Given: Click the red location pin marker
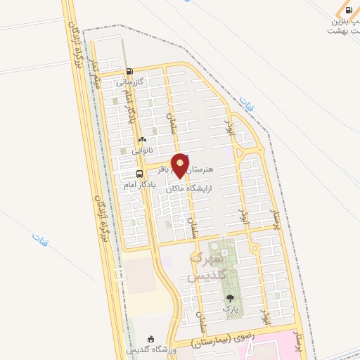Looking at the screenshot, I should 181,165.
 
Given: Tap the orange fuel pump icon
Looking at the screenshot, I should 349,11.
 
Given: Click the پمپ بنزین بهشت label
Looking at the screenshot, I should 344,27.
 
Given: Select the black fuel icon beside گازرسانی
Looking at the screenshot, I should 129,71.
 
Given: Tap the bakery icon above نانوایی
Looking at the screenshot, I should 142,139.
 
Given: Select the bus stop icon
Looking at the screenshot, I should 139,174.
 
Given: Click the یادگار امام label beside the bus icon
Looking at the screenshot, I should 139,184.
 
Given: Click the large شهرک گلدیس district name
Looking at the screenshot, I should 206,266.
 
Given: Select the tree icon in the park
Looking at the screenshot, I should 230,298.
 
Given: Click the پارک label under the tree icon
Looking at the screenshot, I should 230,309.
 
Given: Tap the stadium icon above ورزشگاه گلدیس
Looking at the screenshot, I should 150,338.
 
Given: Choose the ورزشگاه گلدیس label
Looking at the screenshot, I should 145,349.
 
